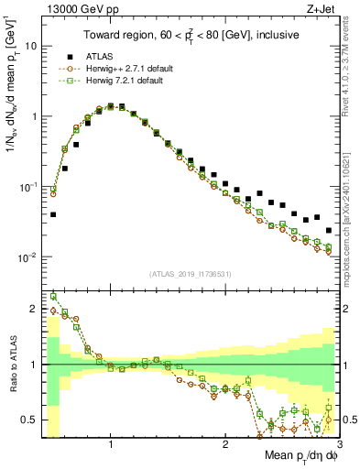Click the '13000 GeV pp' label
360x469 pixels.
click(76, 10)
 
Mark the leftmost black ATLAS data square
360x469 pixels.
click(53, 215)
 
